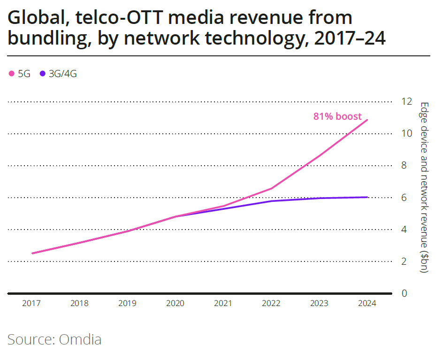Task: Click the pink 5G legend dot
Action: coord(12,74)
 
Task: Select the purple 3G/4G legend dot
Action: coord(43,74)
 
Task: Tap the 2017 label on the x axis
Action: coord(31,303)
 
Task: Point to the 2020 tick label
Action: coord(175,303)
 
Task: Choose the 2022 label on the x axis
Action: coord(271,303)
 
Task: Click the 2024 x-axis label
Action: coord(367,303)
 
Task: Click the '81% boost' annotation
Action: coord(337,116)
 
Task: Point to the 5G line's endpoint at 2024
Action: coord(367,120)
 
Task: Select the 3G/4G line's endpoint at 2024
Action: coord(367,197)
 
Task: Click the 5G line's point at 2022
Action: coord(271,188)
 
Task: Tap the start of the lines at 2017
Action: coord(32,253)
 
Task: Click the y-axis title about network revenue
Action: coord(424,188)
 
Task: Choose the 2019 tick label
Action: coord(127,303)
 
